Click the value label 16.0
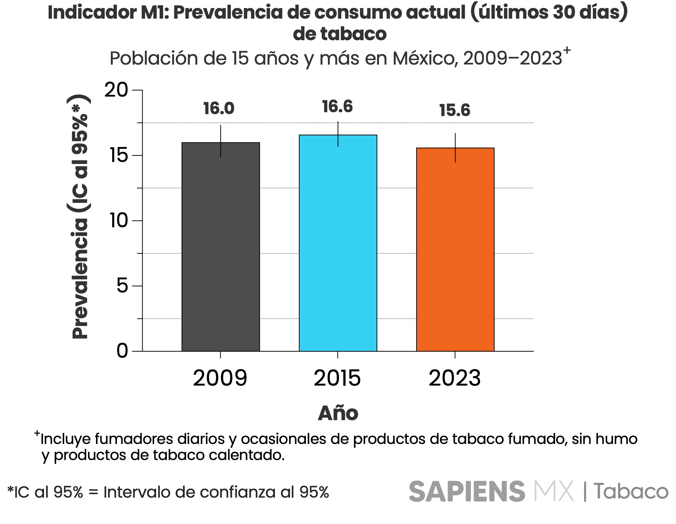point(219,108)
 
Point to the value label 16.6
point(337,107)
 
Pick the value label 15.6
point(455,110)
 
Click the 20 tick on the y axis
point(116,90)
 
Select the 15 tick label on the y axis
point(119,155)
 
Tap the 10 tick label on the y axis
point(119,221)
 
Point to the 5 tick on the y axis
point(122,286)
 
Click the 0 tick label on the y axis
point(122,351)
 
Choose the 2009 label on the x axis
point(220,378)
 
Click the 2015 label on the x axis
point(337,378)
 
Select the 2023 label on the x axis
point(455,378)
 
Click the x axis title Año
point(338,413)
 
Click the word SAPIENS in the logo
point(467,492)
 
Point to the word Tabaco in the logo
point(631,492)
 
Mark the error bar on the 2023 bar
point(455,148)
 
